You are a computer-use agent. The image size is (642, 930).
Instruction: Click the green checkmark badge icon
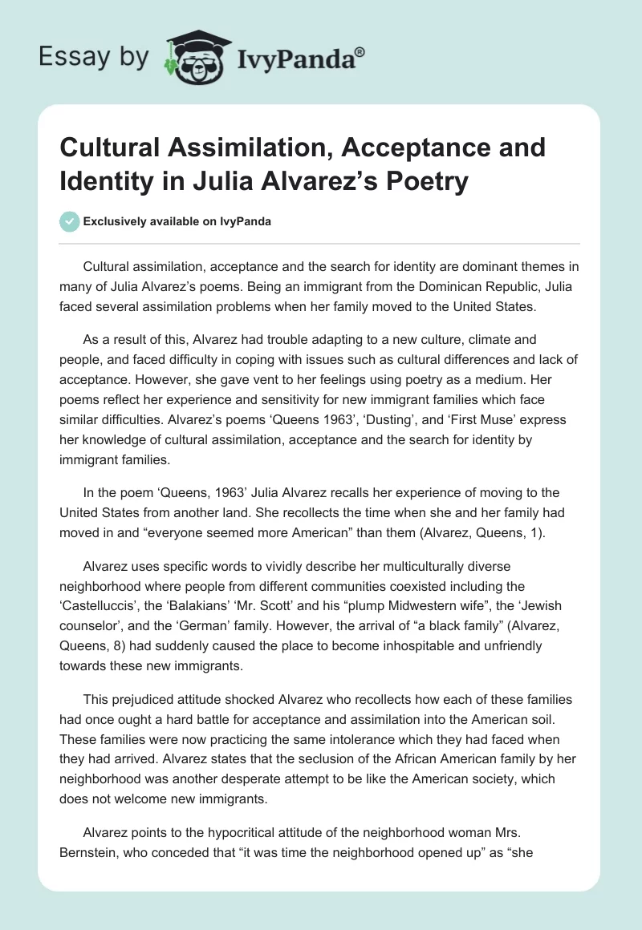click(x=70, y=221)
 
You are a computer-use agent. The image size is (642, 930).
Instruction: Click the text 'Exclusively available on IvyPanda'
click(x=177, y=222)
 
